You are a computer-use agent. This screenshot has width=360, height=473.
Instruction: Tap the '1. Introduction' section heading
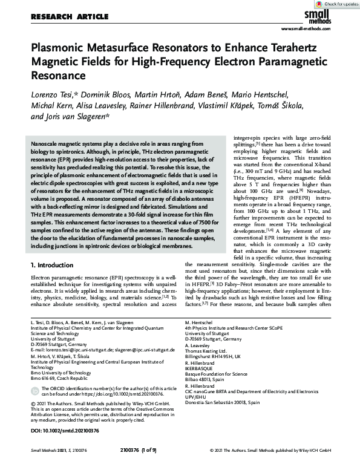click(54, 266)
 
